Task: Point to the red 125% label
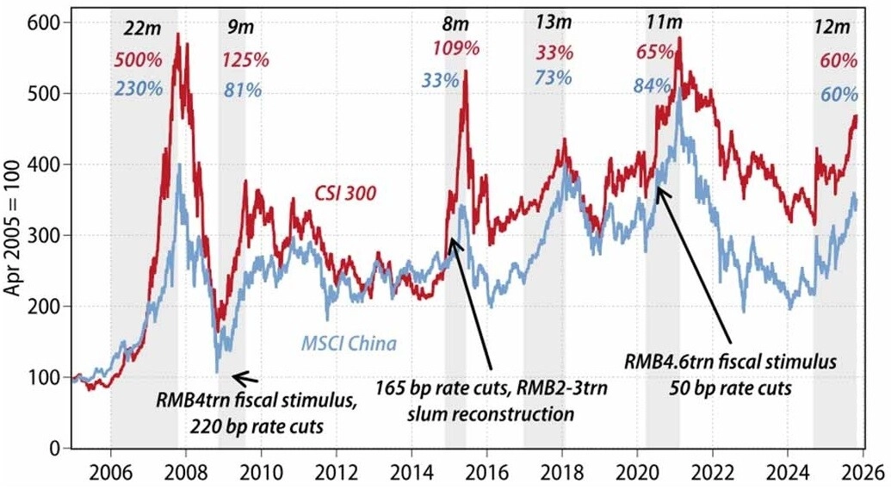coord(245,60)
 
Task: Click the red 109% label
coord(456,48)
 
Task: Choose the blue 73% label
coord(554,78)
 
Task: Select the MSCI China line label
coord(349,345)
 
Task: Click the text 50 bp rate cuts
coord(730,388)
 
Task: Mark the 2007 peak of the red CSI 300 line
coord(178,34)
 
